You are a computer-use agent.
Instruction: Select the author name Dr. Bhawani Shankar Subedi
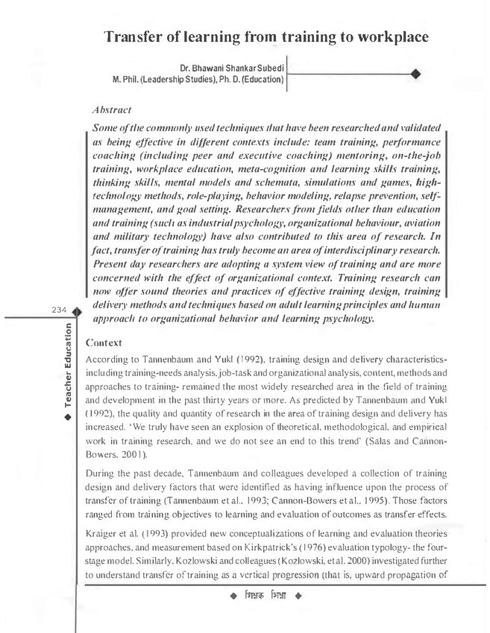click(232, 66)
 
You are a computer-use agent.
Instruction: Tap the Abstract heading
click(110, 109)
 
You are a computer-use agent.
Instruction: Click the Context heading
click(104, 344)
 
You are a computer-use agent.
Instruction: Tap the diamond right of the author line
click(415, 73)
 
